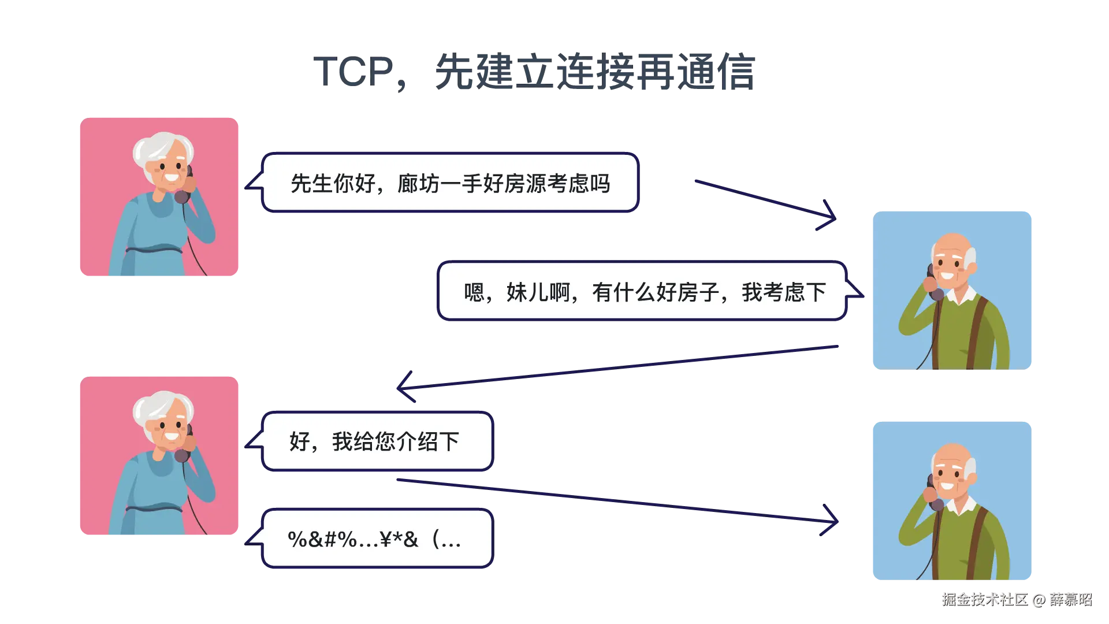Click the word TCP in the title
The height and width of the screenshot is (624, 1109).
click(353, 72)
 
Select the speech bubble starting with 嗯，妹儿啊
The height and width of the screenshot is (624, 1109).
click(650, 291)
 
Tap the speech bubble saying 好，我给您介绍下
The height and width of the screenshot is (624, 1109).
click(370, 441)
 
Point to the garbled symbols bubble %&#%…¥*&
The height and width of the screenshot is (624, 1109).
click(370, 538)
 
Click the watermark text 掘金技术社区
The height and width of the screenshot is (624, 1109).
click(985, 600)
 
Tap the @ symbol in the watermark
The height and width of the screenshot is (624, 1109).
click(1039, 600)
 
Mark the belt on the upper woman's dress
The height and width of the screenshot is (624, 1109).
click(154, 250)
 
